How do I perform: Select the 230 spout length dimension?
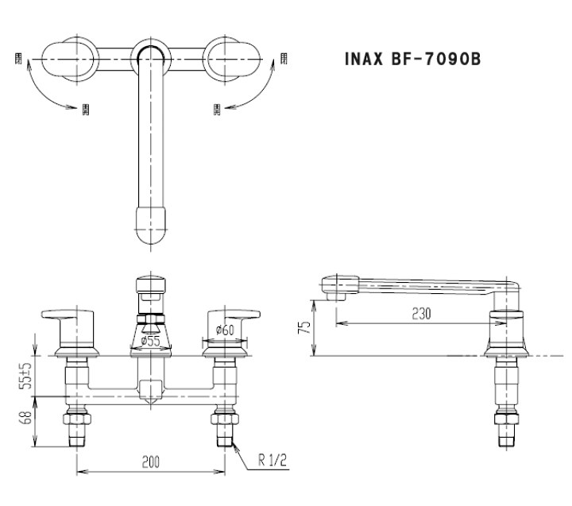click(421, 314)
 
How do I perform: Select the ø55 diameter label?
click(152, 342)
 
